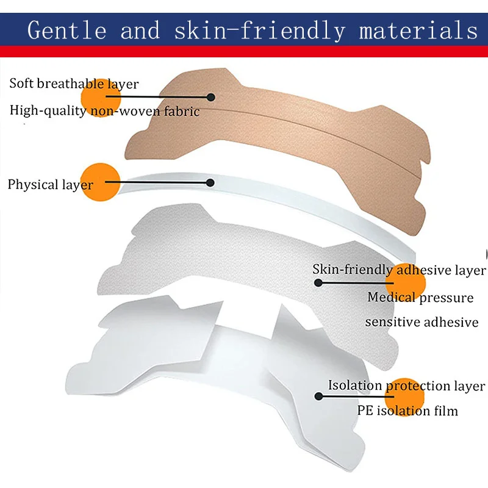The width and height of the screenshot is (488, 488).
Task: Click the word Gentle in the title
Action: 67,30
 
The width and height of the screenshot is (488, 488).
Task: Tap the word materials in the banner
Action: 418,30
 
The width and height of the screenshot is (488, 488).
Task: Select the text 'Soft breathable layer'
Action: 74,84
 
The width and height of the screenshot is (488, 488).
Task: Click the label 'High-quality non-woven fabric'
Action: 104,111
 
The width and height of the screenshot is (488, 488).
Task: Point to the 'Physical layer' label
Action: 51,185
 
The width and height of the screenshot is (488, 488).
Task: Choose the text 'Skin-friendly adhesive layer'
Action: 399,270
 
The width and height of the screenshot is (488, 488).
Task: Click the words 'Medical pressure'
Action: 420,297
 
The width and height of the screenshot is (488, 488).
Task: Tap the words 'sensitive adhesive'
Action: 422,322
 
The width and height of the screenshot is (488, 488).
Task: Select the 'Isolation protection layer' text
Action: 406,386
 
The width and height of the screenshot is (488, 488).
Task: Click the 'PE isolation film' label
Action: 407,411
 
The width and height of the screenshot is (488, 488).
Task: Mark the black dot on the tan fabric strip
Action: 211,97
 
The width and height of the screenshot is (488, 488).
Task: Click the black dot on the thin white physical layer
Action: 210,182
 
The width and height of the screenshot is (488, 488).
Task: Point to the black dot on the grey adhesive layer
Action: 318,282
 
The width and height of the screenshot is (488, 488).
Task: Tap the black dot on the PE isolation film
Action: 318,396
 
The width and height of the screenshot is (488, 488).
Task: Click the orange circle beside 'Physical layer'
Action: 100,182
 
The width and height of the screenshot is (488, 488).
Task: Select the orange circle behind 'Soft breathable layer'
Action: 101,98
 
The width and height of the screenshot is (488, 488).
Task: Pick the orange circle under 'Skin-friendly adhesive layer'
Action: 405,282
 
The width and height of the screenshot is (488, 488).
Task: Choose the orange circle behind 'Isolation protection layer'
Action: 404,396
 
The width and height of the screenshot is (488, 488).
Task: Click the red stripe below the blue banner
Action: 244,51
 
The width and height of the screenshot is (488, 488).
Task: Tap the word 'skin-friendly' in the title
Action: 260,30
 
